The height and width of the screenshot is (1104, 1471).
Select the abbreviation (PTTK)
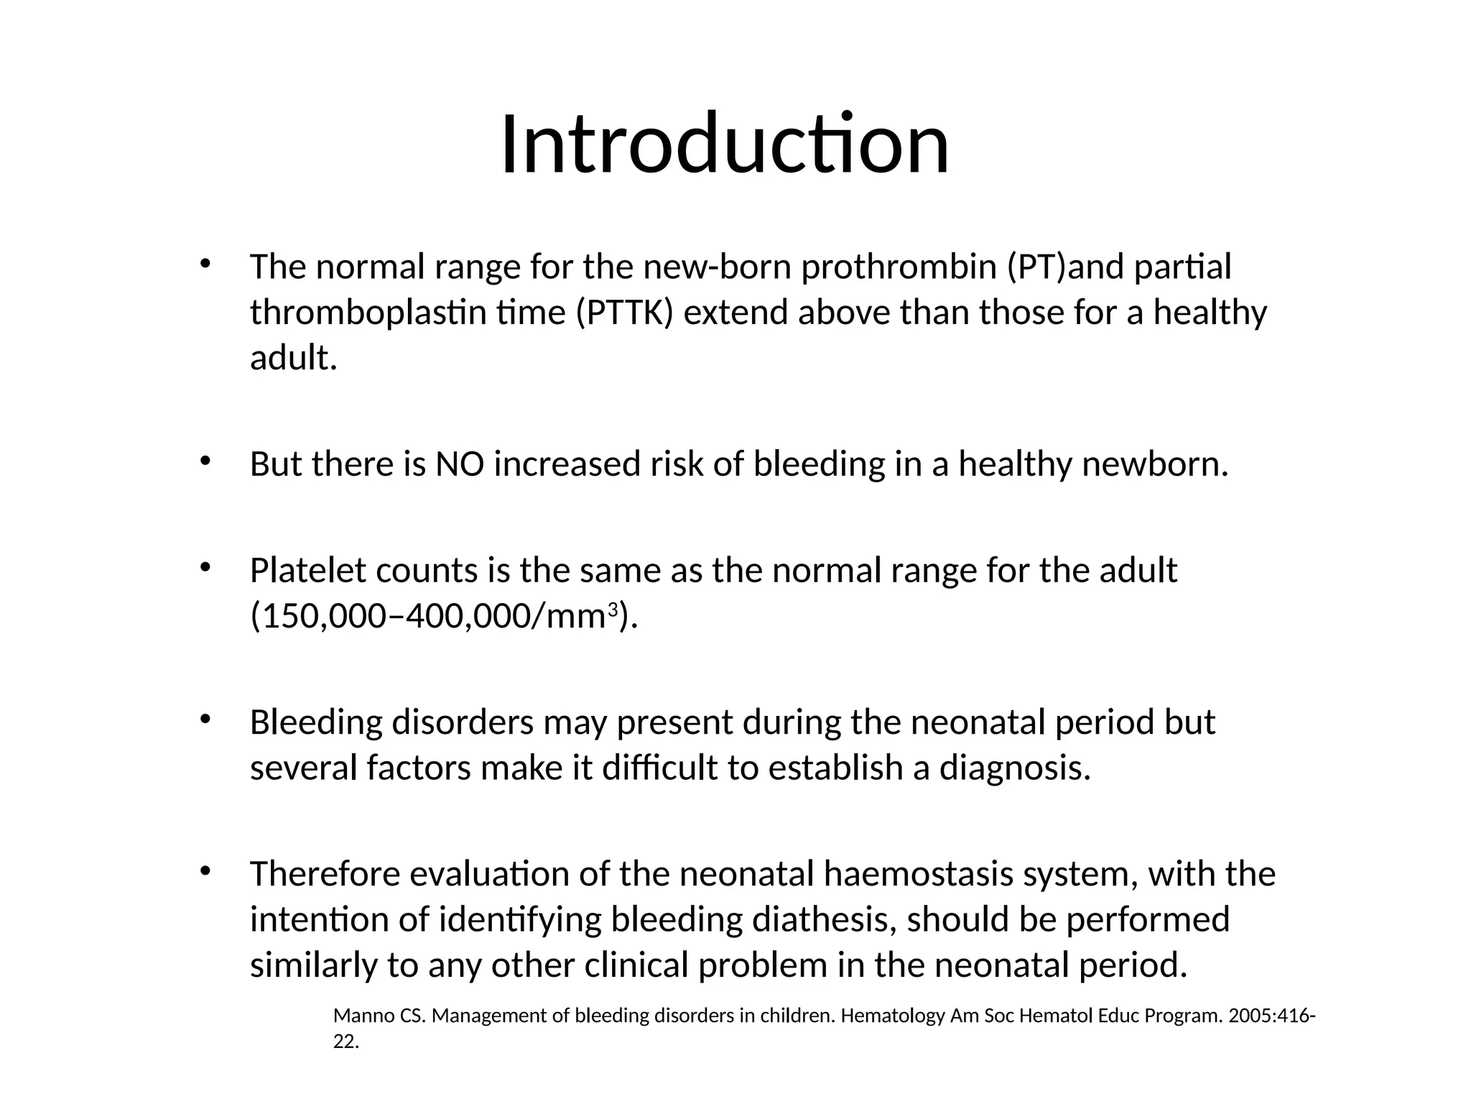pos(624,313)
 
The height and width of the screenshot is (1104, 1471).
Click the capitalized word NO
pos(460,464)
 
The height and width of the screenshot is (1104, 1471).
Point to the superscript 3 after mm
pos(613,611)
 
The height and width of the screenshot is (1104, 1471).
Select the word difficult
pos(659,768)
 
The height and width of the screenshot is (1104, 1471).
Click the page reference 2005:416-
pos(1272,1016)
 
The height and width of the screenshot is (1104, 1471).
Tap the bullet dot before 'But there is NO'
pos(205,461)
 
